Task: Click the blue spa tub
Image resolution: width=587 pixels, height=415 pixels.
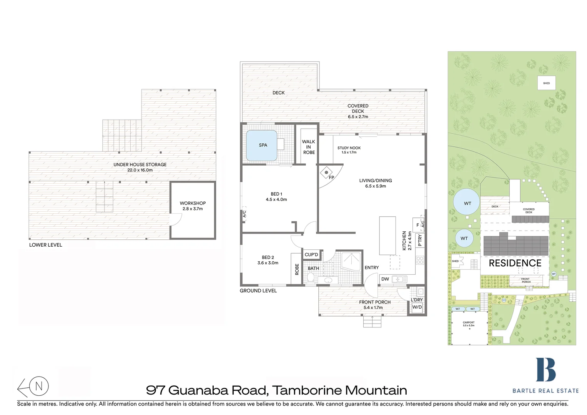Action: [x=261, y=146]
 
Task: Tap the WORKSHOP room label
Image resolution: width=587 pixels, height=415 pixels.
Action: [x=193, y=203]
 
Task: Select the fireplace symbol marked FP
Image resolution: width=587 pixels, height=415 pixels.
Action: [x=326, y=172]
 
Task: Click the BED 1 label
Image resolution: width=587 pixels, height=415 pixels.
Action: [x=276, y=194]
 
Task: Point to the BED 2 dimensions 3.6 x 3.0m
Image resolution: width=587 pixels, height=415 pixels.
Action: [x=268, y=263]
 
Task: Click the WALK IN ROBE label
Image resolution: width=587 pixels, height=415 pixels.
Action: [x=308, y=147]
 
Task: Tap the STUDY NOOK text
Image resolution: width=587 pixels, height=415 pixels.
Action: [x=349, y=148]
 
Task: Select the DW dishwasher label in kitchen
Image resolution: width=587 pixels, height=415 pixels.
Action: [x=385, y=279]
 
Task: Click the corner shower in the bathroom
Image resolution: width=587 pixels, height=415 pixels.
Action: [x=351, y=261]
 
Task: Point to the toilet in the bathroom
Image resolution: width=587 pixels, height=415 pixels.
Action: [x=311, y=277]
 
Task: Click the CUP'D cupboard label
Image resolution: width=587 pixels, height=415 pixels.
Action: [x=311, y=255]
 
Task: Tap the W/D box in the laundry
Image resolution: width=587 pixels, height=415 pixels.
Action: [x=417, y=307]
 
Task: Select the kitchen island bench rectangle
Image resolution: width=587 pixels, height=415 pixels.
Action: [x=387, y=236]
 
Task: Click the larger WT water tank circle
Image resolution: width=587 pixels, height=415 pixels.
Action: [x=467, y=203]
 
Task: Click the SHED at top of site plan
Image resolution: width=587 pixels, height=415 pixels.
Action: [x=546, y=83]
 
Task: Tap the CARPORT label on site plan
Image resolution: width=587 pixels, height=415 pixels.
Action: [x=468, y=323]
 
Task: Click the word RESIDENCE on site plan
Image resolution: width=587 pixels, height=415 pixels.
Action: [x=515, y=263]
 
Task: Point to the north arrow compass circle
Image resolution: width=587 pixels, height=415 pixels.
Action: [x=39, y=386]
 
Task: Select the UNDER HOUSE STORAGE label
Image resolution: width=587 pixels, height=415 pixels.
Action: [x=140, y=165]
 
